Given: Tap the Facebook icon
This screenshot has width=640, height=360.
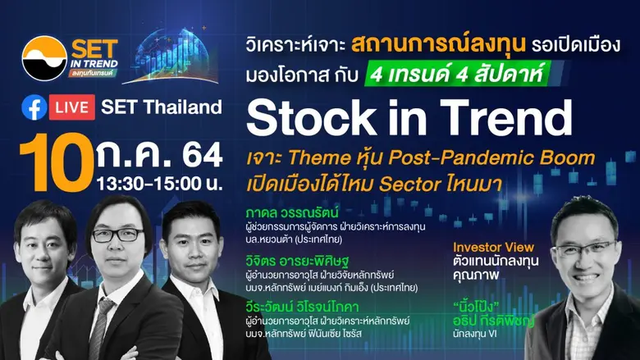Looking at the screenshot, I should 34,107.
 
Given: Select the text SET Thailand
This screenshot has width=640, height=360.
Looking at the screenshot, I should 162,107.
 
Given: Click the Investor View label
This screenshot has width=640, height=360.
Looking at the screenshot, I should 493,246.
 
